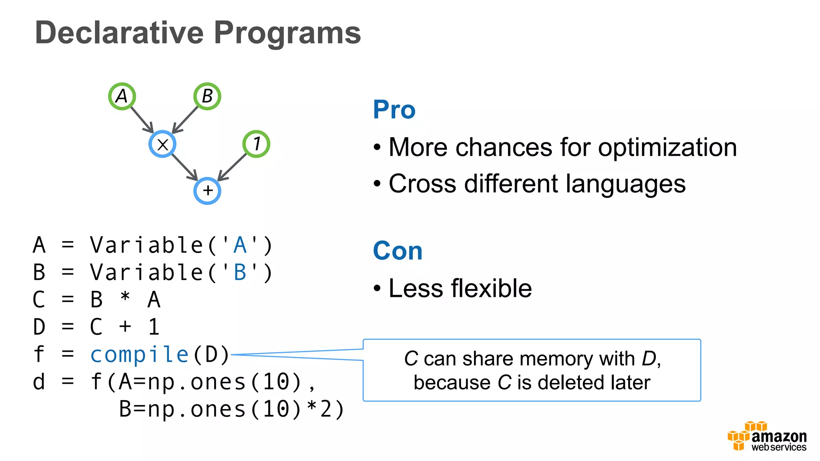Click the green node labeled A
pyautogui.click(x=122, y=96)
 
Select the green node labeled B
pyautogui.click(x=207, y=96)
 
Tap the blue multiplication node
pyautogui.click(x=163, y=144)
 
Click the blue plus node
pyautogui.click(x=207, y=191)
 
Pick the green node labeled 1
pyautogui.click(x=256, y=144)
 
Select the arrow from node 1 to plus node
pyautogui.click(x=232, y=167)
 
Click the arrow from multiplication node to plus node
pyautogui.click(x=185, y=167)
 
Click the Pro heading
pyautogui.click(x=394, y=110)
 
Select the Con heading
pyautogui.click(x=398, y=251)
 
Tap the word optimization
pyautogui.click(x=667, y=148)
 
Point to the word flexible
pyautogui.click(x=491, y=289)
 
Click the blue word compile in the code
pyautogui.click(x=139, y=355)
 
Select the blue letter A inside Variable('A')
pyautogui.click(x=240, y=245)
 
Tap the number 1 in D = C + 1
pyautogui.click(x=154, y=327)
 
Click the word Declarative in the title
pyautogui.click(x=119, y=33)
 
